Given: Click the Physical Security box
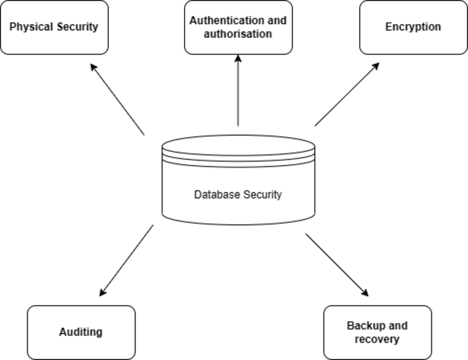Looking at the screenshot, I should pyautogui.click(x=54, y=27).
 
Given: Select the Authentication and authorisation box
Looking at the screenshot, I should pyautogui.click(x=238, y=27).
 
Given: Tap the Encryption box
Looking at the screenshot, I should pyautogui.click(x=412, y=27).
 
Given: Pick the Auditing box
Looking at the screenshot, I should pyautogui.click(x=81, y=332).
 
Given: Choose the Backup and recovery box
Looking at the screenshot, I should pyautogui.click(x=378, y=332).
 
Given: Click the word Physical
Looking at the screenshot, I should pyautogui.click(x=31, y=27).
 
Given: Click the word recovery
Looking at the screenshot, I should pyautogui.click(x=377, y=339).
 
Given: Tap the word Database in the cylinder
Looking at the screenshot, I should pyautogui.click(x=215, y=194).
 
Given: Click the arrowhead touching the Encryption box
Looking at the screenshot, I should pyautogui.click(x=376, y=66).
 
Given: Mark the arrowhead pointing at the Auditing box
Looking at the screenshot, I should pyautogui.click(x=103, y=293).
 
